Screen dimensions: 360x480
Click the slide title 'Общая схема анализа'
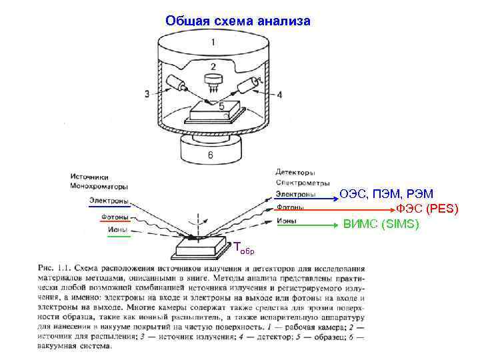point(238,21)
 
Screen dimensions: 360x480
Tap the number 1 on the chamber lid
point(213,42)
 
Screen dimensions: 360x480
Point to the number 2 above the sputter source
point(213,67)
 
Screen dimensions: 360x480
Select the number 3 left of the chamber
point(147,94)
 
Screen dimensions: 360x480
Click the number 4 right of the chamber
point(279,95)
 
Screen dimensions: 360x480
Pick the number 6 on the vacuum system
point(209,155)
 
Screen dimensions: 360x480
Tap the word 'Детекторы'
point(296,173)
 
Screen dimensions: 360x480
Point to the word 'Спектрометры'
point(302,183)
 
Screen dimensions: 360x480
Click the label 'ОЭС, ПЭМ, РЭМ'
point(387,194)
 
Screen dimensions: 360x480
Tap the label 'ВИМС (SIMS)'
point(381,224)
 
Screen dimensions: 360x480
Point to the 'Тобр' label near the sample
point(243,248)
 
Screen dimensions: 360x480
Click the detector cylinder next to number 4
point(248,85)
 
